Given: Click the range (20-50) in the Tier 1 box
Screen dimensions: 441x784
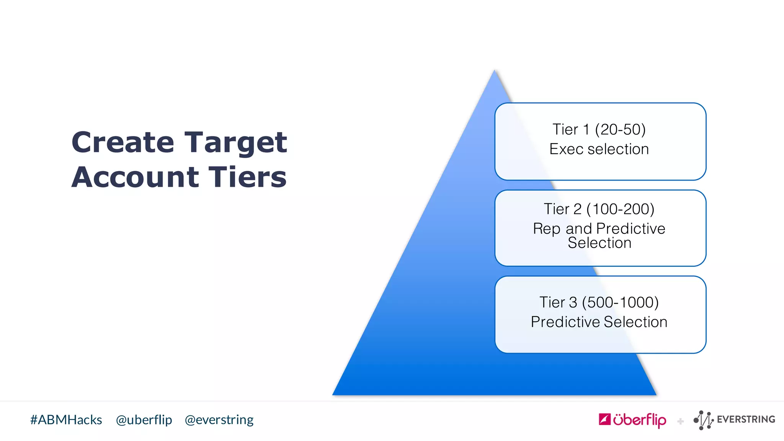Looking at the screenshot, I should pos(620,129).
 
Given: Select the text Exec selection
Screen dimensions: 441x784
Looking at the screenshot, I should pos(599,149).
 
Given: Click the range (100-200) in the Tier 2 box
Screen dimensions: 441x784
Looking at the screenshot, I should pos(620,209).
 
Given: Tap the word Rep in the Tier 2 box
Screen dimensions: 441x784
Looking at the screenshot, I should pos(547,229).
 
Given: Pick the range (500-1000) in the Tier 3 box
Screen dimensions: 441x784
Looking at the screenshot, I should pos(620,302).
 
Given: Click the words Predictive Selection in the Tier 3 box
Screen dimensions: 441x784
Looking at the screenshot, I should pos(599,322).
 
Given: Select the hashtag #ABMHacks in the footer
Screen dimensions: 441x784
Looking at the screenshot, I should pos(66,420).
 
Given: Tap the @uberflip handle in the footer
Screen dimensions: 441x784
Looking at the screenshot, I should pos(144,420).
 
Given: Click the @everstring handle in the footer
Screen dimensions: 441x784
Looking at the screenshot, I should pos(219,420).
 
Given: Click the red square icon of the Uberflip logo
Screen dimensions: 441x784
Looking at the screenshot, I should pos(604,420).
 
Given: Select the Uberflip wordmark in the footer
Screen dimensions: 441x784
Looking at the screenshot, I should pos(639,420).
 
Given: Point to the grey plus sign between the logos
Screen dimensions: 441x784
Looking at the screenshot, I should pos(680,421).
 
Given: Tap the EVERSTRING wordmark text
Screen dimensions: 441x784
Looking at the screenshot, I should pos(746,420).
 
